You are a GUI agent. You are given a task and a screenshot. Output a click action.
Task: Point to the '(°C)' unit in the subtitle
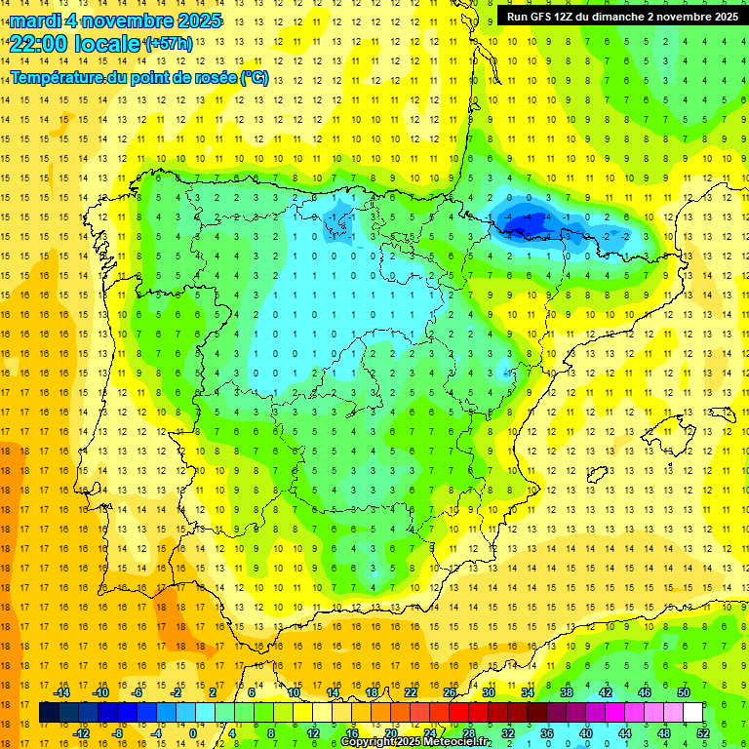point(254,78)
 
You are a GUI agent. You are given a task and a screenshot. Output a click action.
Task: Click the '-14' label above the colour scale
point(61,691)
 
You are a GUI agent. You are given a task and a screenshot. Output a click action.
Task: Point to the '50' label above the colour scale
point(683,691)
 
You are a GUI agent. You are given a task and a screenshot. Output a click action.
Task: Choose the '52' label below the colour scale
point(703,732)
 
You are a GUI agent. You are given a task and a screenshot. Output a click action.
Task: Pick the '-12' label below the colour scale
point(81,732)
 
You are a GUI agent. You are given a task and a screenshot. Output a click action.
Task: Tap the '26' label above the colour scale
point(450,691)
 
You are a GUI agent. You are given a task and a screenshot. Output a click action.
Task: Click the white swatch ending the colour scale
point(692,712)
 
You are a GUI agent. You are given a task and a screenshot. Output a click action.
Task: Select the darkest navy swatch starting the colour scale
point(49,712)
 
